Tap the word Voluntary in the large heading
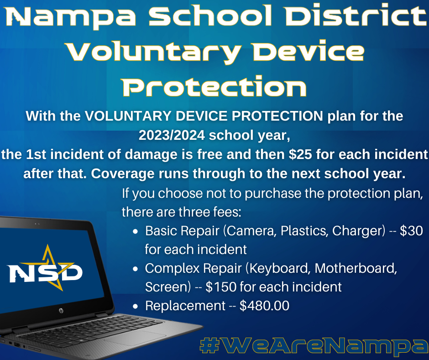pos(154,52)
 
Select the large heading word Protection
pos(214,86)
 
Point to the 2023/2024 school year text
pos(214,135)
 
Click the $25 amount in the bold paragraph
pos(300,154)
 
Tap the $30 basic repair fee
pos(411,231)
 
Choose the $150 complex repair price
pos(221,287)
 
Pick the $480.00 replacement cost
pos(264,306)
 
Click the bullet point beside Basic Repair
pos(135,232)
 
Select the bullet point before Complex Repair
pos(135,269)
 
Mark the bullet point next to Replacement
pos(135,306)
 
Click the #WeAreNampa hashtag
pos(314,346)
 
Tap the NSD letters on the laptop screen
pos(46,273)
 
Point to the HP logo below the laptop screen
pos(61,311)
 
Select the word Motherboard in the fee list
pos(356,268)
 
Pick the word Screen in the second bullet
pos(167,287)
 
